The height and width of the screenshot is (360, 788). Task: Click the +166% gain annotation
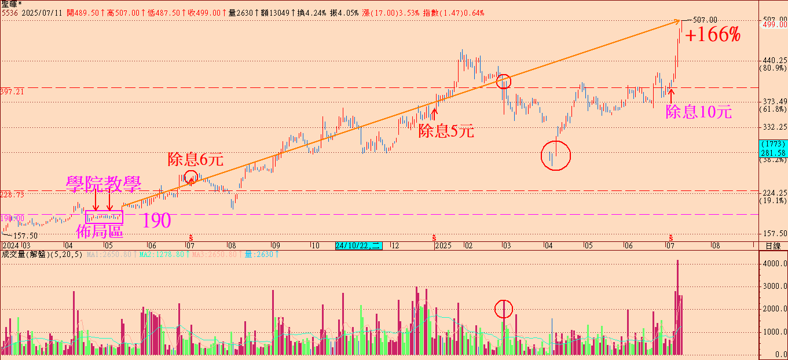click(713, 35)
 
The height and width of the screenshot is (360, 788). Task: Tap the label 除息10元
click(698, 112)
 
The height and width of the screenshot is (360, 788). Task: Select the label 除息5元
click(446, 131)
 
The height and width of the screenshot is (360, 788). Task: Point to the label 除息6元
click(195, 159)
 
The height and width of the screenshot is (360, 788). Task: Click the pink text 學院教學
click(103, 185)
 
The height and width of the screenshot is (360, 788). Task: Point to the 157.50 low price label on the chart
click(25, 236)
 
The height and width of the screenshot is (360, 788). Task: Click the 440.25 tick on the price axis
click(773, 60)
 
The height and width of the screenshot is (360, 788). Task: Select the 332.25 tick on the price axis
click(773, 127)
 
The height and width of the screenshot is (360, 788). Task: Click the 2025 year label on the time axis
click(443, 245)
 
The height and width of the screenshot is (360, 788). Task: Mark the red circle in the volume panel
click(504, 309)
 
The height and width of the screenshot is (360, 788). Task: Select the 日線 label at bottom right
click(772, 245)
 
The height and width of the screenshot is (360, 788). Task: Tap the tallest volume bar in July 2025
click(677, 307)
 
